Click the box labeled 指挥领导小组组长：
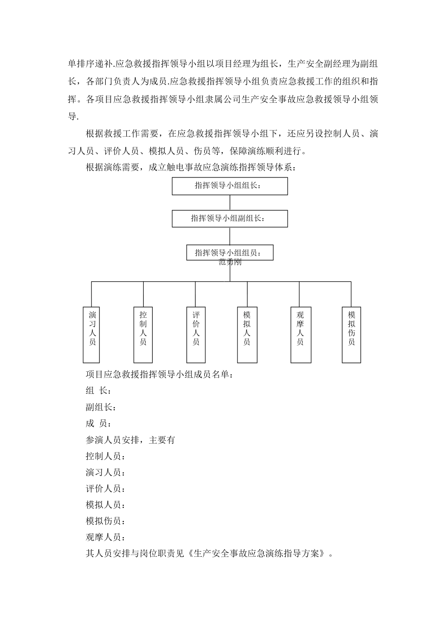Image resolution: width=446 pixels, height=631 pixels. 230,186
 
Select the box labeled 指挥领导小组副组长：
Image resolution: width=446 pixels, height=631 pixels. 230,219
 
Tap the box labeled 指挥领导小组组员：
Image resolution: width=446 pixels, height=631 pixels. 230,253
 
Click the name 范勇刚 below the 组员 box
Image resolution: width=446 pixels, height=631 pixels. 230,262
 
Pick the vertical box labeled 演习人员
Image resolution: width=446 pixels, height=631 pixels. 92,335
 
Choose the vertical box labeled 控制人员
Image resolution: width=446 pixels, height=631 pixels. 143,335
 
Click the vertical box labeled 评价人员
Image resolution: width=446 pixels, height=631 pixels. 196,335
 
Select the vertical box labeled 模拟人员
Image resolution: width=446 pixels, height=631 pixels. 247,335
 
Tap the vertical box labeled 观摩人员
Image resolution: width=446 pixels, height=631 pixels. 300,335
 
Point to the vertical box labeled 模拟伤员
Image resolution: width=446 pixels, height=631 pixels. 351,335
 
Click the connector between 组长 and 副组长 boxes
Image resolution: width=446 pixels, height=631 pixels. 230,203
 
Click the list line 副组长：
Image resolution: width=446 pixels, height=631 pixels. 101,407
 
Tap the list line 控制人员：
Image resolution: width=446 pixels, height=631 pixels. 106,456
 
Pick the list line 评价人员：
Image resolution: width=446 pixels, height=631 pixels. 106,489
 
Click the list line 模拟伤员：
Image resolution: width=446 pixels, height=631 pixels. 106,521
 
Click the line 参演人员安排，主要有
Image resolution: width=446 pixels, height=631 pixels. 131,440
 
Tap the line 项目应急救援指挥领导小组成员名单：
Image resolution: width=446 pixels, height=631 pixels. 159,375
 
